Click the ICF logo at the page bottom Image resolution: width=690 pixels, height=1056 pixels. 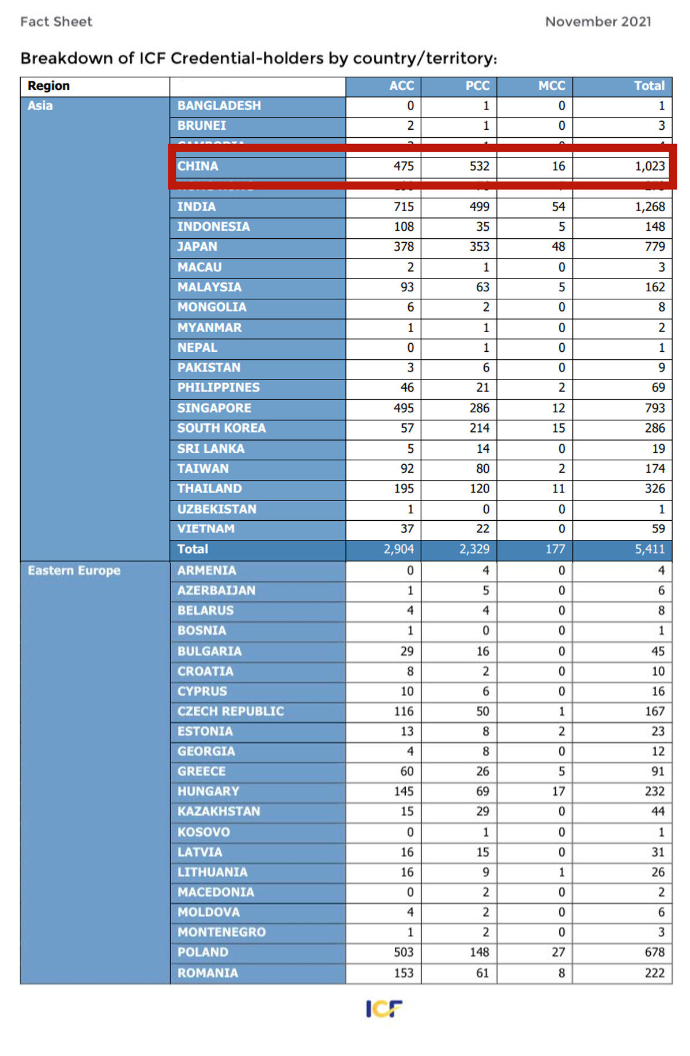click(x=384, y=1008)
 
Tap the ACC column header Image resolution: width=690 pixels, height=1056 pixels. click(x=401, y=86)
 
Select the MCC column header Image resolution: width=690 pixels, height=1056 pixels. click(x=551, y=86)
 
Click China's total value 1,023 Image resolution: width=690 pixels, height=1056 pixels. click(x=650, y=166)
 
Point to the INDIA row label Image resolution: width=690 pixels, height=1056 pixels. click(x=197, y=206)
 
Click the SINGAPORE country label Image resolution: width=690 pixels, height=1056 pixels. click(x=214, y=408)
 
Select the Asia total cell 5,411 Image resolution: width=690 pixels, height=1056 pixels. click(x=650, y=549)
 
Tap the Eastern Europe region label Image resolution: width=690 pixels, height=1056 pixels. click(x=74, y=570)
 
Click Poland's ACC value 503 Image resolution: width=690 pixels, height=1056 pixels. click(x=404, y=952)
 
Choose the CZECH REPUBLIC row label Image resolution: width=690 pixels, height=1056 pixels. click(x=231, y=711)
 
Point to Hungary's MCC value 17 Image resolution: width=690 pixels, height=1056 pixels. click(x=558, y=791)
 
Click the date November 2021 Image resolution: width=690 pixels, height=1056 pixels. click(x=598, y=22)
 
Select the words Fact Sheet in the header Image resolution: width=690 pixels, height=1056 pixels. click(x=56, y=22)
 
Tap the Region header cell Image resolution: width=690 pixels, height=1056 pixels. click(x=48, y=86)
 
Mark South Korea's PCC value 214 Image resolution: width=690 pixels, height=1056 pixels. click(x=479, y=428)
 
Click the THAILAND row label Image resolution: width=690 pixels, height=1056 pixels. click(x=209, y=488)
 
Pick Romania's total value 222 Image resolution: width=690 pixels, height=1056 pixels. click(x=654, y=973)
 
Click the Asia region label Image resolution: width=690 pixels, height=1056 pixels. click(x=40, y=106)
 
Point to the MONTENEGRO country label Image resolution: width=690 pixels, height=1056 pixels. click(x=221, y=932)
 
